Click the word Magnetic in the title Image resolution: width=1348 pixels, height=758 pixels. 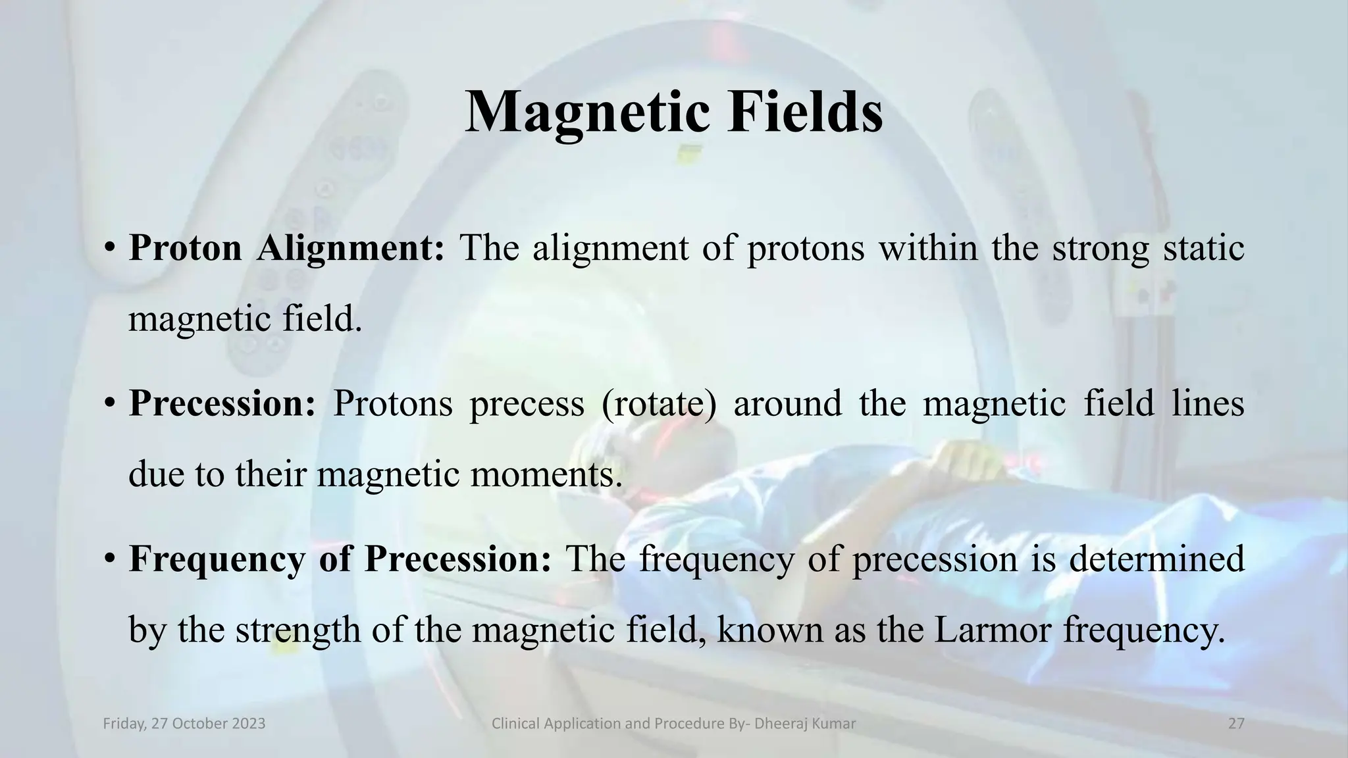coord(588,113)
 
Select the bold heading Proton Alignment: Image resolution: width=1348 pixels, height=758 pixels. coord(287,249)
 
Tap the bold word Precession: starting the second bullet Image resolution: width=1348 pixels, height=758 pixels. coord(222,403)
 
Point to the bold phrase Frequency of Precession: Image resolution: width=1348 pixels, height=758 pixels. coord(340,559)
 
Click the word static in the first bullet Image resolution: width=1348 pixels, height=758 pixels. coord(1203,249)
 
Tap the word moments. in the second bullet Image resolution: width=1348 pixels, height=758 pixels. coord(546,474)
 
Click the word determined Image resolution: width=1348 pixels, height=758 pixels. coord(1156,559)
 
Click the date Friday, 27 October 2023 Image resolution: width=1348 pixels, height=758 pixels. coord(184,724)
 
